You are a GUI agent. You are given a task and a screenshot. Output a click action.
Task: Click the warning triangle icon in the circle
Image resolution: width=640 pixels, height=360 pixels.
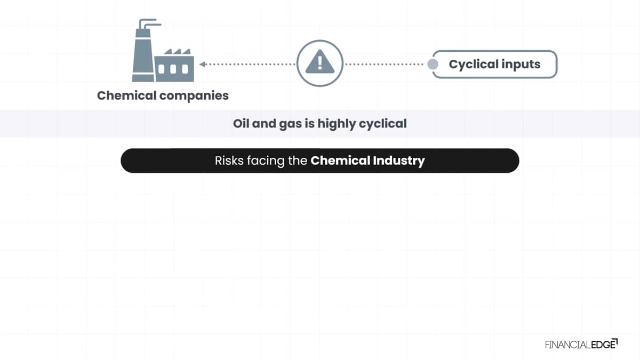[x=319, y=62]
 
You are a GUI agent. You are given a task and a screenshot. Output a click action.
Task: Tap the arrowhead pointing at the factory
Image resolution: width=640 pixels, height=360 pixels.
[x=202, y=65]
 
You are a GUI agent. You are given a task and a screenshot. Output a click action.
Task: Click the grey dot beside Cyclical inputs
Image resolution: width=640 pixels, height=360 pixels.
[x=433, y=65]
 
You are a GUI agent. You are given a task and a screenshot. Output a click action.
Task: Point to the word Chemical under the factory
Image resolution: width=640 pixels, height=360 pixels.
[x=126, y=95]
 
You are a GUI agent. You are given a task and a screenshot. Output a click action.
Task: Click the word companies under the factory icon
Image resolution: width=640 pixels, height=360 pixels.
[x=194, y=96]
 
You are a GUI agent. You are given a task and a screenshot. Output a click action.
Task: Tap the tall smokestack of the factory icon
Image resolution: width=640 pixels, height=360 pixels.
[x=143, y=51]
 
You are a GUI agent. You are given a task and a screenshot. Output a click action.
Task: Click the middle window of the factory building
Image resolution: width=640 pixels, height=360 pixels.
[x=173, y=69]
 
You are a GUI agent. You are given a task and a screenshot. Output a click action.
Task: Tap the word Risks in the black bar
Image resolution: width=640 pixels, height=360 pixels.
[x=229, y=161]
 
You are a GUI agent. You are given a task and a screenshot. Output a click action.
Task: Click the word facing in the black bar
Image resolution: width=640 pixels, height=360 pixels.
[x=266, y=161]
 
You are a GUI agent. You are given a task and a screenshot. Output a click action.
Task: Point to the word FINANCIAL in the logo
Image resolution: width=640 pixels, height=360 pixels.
[x=568, y=345]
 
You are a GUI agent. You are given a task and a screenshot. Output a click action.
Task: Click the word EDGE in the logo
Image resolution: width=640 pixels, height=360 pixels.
[x=603, y=345]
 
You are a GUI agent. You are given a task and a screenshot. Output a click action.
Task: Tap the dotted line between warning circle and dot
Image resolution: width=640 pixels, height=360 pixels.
[x=385, y=65]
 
